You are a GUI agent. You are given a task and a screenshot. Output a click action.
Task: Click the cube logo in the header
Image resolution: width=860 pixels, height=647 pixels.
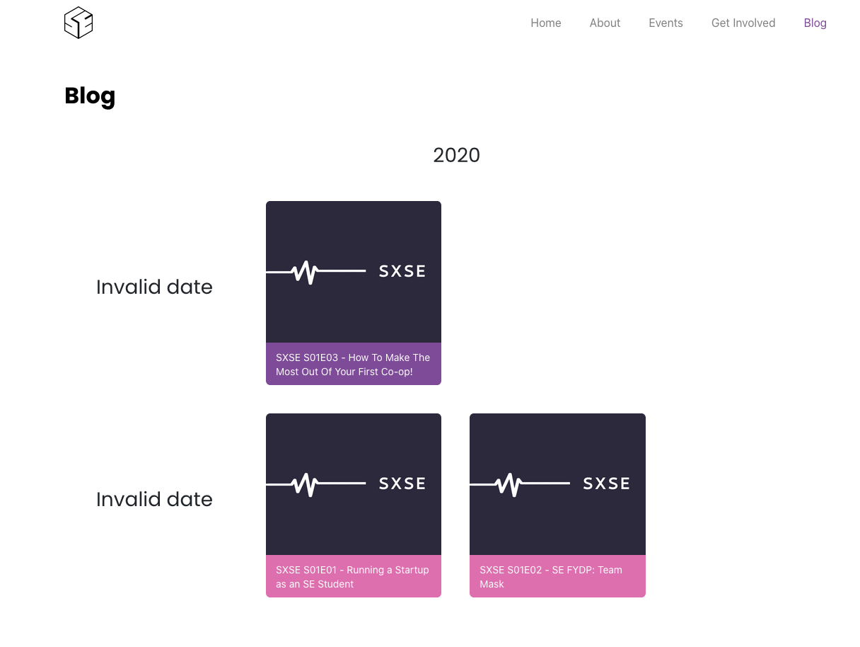79,23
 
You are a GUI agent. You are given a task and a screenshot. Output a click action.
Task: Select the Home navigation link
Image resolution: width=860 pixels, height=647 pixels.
546,23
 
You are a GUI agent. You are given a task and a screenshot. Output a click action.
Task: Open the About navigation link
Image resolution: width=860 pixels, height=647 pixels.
605,23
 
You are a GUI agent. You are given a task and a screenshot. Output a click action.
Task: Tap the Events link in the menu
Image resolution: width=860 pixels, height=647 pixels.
666,23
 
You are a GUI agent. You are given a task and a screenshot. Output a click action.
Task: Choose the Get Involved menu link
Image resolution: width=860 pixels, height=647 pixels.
743,23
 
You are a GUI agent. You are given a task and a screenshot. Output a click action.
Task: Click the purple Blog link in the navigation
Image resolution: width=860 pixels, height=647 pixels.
815,23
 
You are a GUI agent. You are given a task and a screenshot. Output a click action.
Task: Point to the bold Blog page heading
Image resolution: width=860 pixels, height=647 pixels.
90,96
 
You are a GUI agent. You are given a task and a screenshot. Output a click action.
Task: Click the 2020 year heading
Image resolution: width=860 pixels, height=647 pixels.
456,155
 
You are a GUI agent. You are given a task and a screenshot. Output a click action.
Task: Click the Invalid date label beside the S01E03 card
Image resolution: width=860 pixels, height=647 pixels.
154,287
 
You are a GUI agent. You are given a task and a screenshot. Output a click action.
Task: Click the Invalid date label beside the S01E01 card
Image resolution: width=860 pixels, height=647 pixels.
154,499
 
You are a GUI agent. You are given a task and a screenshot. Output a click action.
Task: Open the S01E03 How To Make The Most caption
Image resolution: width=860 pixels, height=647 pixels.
353,364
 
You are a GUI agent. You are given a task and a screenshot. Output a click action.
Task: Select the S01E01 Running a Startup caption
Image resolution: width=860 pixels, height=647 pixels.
353,576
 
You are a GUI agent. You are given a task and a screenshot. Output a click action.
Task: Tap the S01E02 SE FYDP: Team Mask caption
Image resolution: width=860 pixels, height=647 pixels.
557,576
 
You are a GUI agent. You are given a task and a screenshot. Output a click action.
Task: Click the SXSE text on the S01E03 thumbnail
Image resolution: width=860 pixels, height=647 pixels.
402,271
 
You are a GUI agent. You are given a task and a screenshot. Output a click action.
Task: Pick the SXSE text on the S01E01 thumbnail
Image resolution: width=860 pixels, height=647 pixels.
402,483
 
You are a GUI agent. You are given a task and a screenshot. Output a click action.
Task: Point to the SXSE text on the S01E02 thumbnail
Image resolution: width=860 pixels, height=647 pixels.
606,483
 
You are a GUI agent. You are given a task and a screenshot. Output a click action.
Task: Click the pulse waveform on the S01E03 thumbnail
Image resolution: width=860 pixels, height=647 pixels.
306,271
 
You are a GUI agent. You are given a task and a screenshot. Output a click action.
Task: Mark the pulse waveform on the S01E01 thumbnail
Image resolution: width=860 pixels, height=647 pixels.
306,483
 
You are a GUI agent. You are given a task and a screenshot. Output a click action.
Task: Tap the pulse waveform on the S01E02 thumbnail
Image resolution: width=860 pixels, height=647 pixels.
509,483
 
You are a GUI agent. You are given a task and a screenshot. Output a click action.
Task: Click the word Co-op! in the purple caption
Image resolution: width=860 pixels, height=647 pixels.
395,372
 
